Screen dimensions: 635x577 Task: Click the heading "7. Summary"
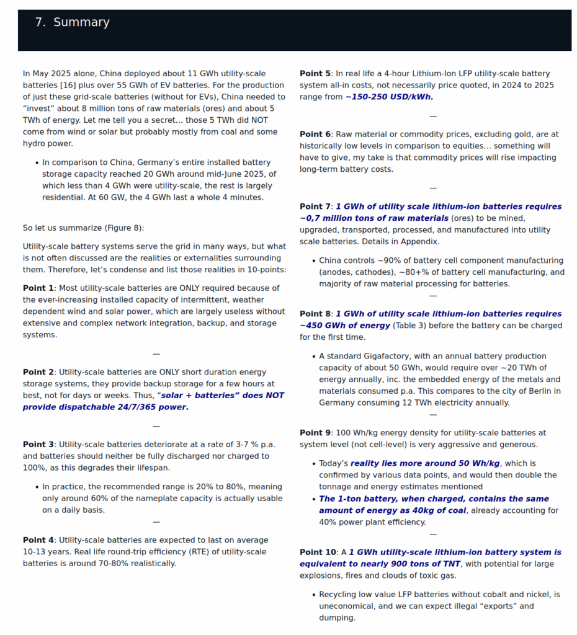(x=72, y=23)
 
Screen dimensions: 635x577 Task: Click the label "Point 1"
(x=38, y=288)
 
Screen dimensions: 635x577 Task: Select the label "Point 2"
(x=38, y=372)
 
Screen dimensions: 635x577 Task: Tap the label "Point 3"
(x=38, y=444)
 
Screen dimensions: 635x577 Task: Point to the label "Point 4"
(x=38, y=540)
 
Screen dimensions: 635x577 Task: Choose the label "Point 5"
(x=315, y=73)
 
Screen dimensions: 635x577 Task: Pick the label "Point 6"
(x=315, y=134)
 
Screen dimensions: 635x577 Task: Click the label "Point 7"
(x=315, y=206)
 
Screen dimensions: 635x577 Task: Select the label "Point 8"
(x=315, y=314)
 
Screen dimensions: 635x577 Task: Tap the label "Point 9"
(x=315, y=433)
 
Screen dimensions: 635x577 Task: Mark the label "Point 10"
(x=318, y=552)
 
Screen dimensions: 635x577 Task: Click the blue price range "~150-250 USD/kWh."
(x=389, y=97)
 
